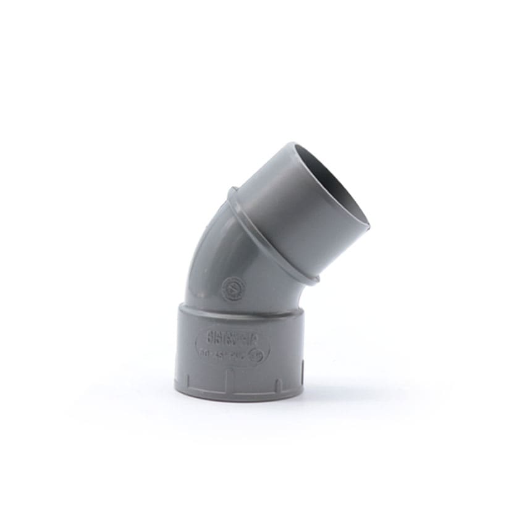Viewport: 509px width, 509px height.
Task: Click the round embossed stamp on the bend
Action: (x=234, y=288)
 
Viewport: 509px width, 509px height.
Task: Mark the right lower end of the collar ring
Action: (x=314, y=280)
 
